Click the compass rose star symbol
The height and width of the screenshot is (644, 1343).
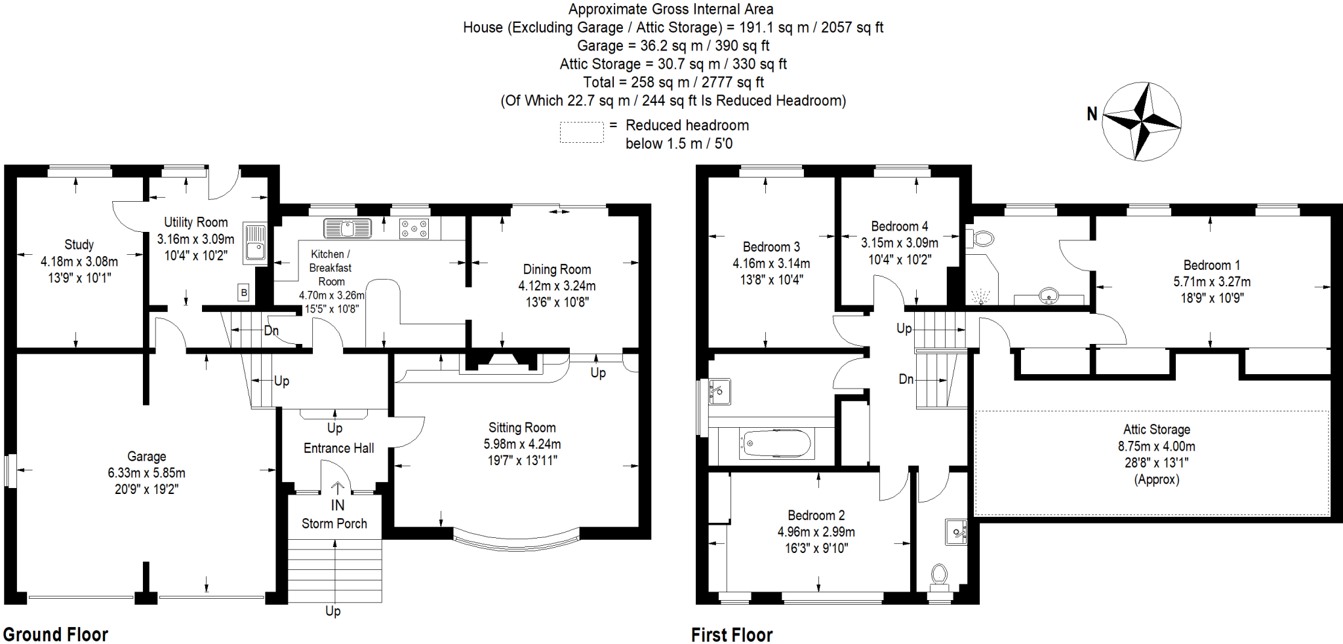coord(1142,121)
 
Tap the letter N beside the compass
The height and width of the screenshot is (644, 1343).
coord(1092,114)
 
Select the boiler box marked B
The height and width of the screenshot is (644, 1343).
coord(244,292)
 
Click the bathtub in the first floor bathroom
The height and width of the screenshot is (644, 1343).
coord(777,444)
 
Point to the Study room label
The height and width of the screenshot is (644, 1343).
coord(79,244)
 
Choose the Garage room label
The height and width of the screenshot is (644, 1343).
coord(146,456)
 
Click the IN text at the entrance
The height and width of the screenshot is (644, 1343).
coord(338,505)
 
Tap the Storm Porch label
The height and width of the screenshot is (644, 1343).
coord(334,523)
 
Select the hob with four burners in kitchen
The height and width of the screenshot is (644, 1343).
coord(414,229)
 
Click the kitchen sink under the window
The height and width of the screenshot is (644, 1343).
coord(348,228)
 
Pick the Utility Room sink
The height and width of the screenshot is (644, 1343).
coord(254,243)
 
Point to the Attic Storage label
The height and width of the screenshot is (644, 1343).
coord(1157,430)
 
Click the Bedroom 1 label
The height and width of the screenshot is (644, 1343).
coord(1212,265)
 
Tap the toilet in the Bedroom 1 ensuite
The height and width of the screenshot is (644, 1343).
coord(980,238)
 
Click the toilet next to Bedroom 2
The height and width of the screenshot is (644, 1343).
coord(939,577)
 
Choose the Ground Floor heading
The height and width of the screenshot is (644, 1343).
coord(56,634)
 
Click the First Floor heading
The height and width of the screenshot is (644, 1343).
coord(732,635)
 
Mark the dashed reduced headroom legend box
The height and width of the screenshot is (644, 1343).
coord(582,132)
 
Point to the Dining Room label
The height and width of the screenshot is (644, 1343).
coord(557,269)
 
